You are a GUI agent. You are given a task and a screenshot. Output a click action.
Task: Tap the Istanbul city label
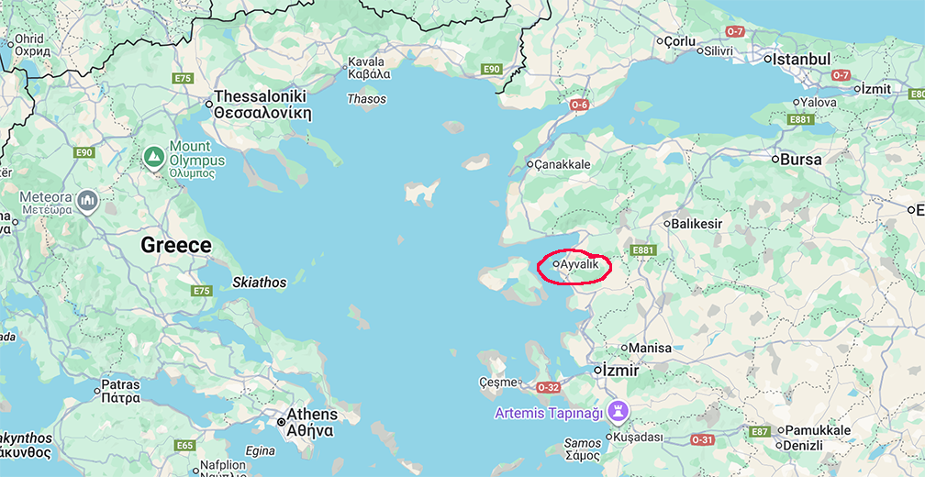pyautogui.click(x=801, y=60)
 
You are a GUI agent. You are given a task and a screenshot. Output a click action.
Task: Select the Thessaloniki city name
pyautogui.click(x=261, y=96)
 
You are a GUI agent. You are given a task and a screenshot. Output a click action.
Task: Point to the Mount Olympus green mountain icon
pyautogui.click(x=154, y=158)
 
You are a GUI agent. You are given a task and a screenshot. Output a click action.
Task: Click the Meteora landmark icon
pyautogui.click(x=88, y=200)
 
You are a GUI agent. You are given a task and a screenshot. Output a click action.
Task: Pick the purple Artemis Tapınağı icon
pyautogui.click(x=619, y=412)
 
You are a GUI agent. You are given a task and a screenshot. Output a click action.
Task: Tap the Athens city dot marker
pyautogui.click(x=281, y=422)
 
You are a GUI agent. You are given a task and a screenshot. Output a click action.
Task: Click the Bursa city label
pyautogui.click(x=801, y=159)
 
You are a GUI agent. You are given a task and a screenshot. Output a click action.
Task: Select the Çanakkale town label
pyautogui.click(x=563, y=165)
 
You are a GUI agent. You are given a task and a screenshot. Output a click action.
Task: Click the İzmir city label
pyautogui.click(x=621, y=371)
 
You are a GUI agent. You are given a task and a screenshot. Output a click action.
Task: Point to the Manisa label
pyautogui.click(x=651, y=349)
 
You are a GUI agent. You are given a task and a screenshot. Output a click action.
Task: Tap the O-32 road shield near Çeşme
pyautogui.click(x=548, y=387)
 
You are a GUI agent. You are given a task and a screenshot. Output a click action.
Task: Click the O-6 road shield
pyautogui.click(x=579, y=105)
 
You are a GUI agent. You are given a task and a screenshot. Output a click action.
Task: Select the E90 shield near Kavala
pyautogui.click(x=493, y=69)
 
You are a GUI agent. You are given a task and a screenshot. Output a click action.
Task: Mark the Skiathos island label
pyautogui.click(x=260, y=283)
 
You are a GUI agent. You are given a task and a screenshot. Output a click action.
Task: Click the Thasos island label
pyautogui.click(x=367, y=99)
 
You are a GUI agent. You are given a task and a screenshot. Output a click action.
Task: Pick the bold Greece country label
pyautogui.click(x=176, y=246)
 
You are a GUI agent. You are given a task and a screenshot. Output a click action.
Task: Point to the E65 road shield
pyautogui.click(x=185, y=445)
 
